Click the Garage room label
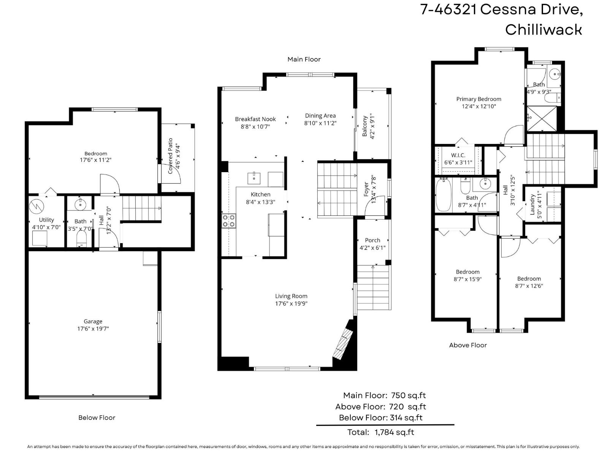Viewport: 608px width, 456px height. tap(93, 321)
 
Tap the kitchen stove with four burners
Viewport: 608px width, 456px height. tap(229, 221)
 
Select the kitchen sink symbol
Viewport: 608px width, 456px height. tap(254, 177)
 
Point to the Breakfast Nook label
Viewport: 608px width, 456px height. tap(255, 119)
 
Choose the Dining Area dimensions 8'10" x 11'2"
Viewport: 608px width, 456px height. tap(320, 123)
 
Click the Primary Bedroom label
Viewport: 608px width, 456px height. tap(478, 99)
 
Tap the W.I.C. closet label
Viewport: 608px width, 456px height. tap(458, 155)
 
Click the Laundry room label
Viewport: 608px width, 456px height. tap(533, 204)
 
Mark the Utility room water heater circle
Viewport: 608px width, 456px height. tap(36, 206)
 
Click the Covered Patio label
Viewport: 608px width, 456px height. tap(171, 156)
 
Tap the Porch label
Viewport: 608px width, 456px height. tap(372, 240)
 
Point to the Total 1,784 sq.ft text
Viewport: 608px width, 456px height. tap(380, 432)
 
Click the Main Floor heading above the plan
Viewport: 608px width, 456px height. tap(304, 59)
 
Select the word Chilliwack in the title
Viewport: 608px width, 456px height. tap(543, 30)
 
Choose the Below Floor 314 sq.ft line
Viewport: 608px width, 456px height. tap(380, 418)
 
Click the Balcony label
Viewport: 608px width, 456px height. tap(365, 127)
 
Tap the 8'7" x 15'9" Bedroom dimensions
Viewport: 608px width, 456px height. tap(467, 279)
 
